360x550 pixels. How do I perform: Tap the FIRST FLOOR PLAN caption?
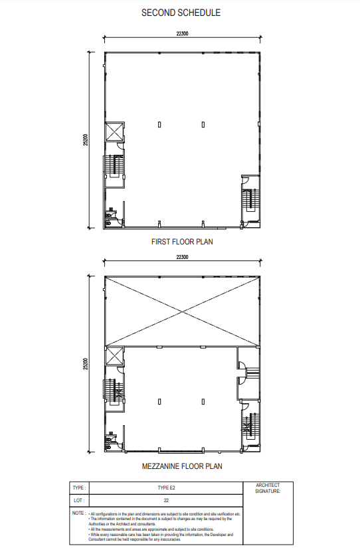(x=182, y=242)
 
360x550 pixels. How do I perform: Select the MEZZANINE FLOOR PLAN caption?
(x=182, y=466)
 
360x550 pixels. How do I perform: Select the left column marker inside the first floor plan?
(x=159, y=124)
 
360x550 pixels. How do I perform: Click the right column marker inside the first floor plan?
(x=203, y=124)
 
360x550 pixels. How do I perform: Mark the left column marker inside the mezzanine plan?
(x=159, y=401)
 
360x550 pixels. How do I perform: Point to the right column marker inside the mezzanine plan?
(x=203, y=401)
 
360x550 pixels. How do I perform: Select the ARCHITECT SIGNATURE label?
(x=268, y=488)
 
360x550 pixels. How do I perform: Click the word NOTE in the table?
(x=78, y=513)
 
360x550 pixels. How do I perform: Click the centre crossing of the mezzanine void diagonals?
(x=181, y=311)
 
